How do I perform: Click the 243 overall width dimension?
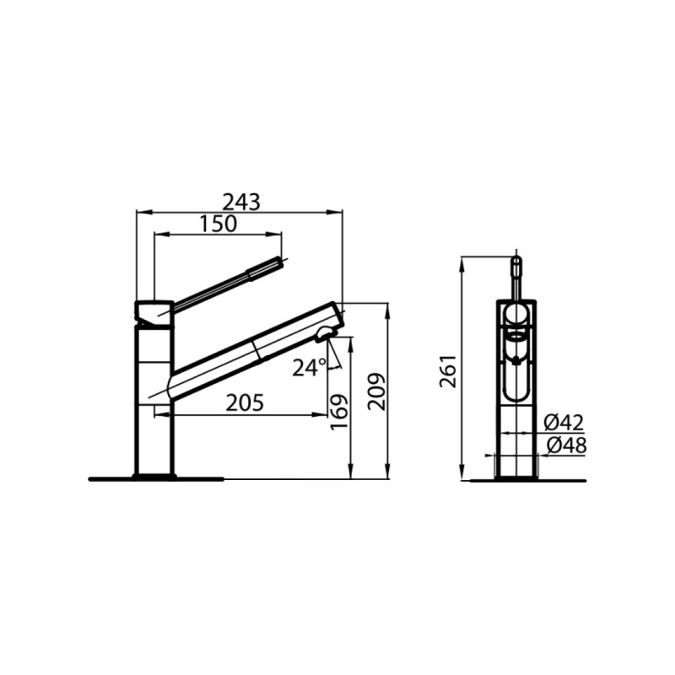(x=241, y=202)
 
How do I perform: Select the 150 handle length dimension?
(x=219, y=224)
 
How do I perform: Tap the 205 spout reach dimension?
(x=245, y=403)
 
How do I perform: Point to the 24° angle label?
(x=309, y=367)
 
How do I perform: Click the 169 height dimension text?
(x=339, y=412)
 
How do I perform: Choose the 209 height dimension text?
(x=376, y=391)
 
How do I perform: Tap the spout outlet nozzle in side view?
(x=325, y=334)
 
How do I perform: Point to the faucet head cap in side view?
(x=154, y=312)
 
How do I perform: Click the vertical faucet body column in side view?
(x=154, y=401)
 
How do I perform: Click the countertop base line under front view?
(x=527, y=480)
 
